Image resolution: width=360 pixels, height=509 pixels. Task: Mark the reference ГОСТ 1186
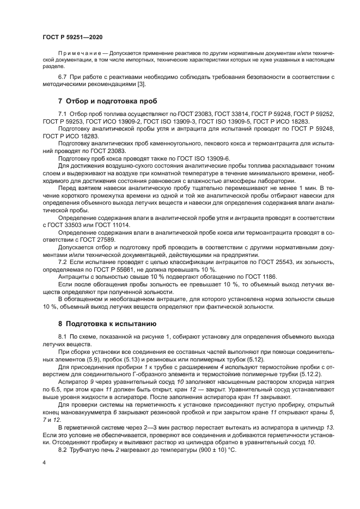[x=249, y=275]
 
